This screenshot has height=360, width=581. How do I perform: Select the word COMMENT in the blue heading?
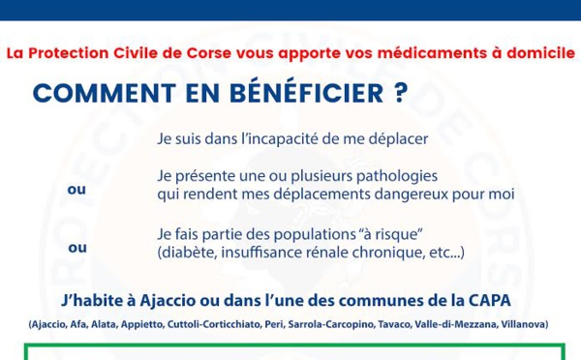pyautogui.click(x=105, y=93)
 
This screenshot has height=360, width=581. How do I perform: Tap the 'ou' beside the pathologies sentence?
pyautogui.click(x=76, y=190)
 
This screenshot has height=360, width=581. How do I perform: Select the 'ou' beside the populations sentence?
pyautogui.click(x=77, y=248)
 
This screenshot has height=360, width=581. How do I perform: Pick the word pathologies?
pyautogui.click(x=397, y=176)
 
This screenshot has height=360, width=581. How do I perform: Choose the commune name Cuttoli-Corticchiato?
pyautogui.click(x=214, y=324)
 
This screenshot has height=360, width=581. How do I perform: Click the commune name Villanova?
pyautogui.click(x=525, y=324)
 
